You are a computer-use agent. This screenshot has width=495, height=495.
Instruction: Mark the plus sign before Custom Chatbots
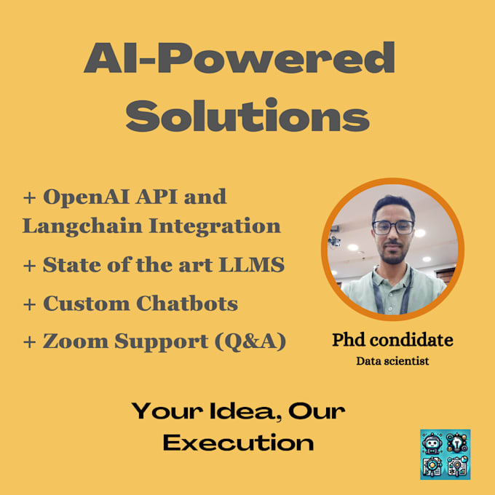(x=29, y=304)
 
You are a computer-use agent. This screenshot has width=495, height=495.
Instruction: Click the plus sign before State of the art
(x=29, y=266)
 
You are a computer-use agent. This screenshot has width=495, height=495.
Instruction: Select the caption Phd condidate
(x=392, y=339)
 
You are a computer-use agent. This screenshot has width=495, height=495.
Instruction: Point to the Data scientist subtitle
(x=392, y=360)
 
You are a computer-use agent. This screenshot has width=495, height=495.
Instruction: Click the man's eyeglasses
(x=393, y=227)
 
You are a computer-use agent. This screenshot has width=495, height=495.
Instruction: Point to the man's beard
(x=394, y=256)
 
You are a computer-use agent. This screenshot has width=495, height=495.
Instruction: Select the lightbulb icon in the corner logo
(x=458, y=441)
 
